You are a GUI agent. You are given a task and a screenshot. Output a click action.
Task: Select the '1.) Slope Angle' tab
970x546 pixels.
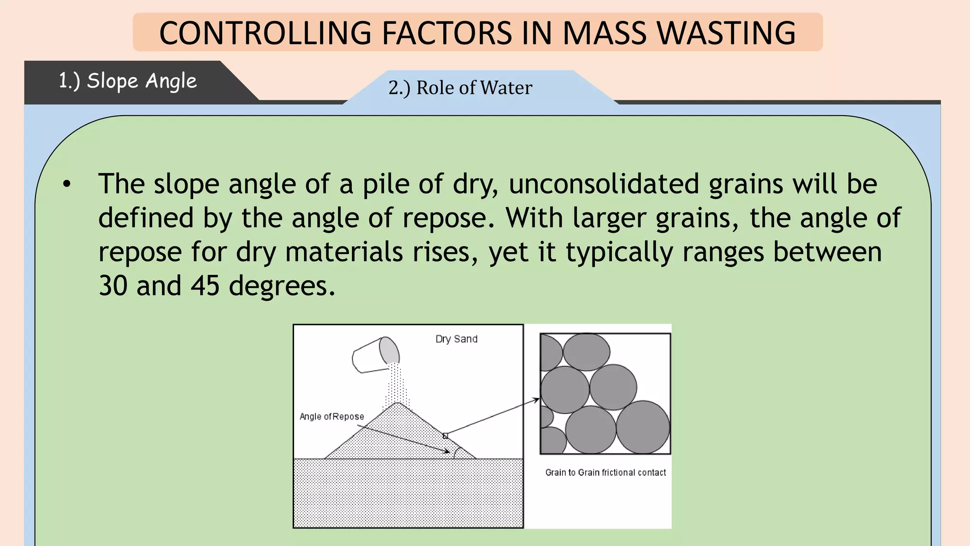(127, 81)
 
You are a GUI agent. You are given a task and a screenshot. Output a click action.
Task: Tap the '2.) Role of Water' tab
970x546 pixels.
(460, 88)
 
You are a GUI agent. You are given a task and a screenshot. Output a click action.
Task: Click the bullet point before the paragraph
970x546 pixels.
(67, 184)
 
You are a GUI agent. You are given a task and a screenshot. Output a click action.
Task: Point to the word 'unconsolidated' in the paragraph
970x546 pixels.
(604, 184)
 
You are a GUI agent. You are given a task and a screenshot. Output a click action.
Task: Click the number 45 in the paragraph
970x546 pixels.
(205, 286)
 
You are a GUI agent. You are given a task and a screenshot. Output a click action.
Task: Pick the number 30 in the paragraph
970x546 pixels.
(113, 286)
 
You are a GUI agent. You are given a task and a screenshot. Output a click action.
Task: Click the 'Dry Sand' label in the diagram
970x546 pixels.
(456, 339)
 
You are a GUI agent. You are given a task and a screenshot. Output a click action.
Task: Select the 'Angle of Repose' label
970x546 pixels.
(332, 417)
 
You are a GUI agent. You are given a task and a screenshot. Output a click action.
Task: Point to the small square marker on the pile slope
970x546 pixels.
(445, 436)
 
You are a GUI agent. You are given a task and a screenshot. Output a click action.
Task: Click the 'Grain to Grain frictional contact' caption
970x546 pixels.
(605, 473)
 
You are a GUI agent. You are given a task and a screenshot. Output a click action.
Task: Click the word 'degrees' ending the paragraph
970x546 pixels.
(282, 286)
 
